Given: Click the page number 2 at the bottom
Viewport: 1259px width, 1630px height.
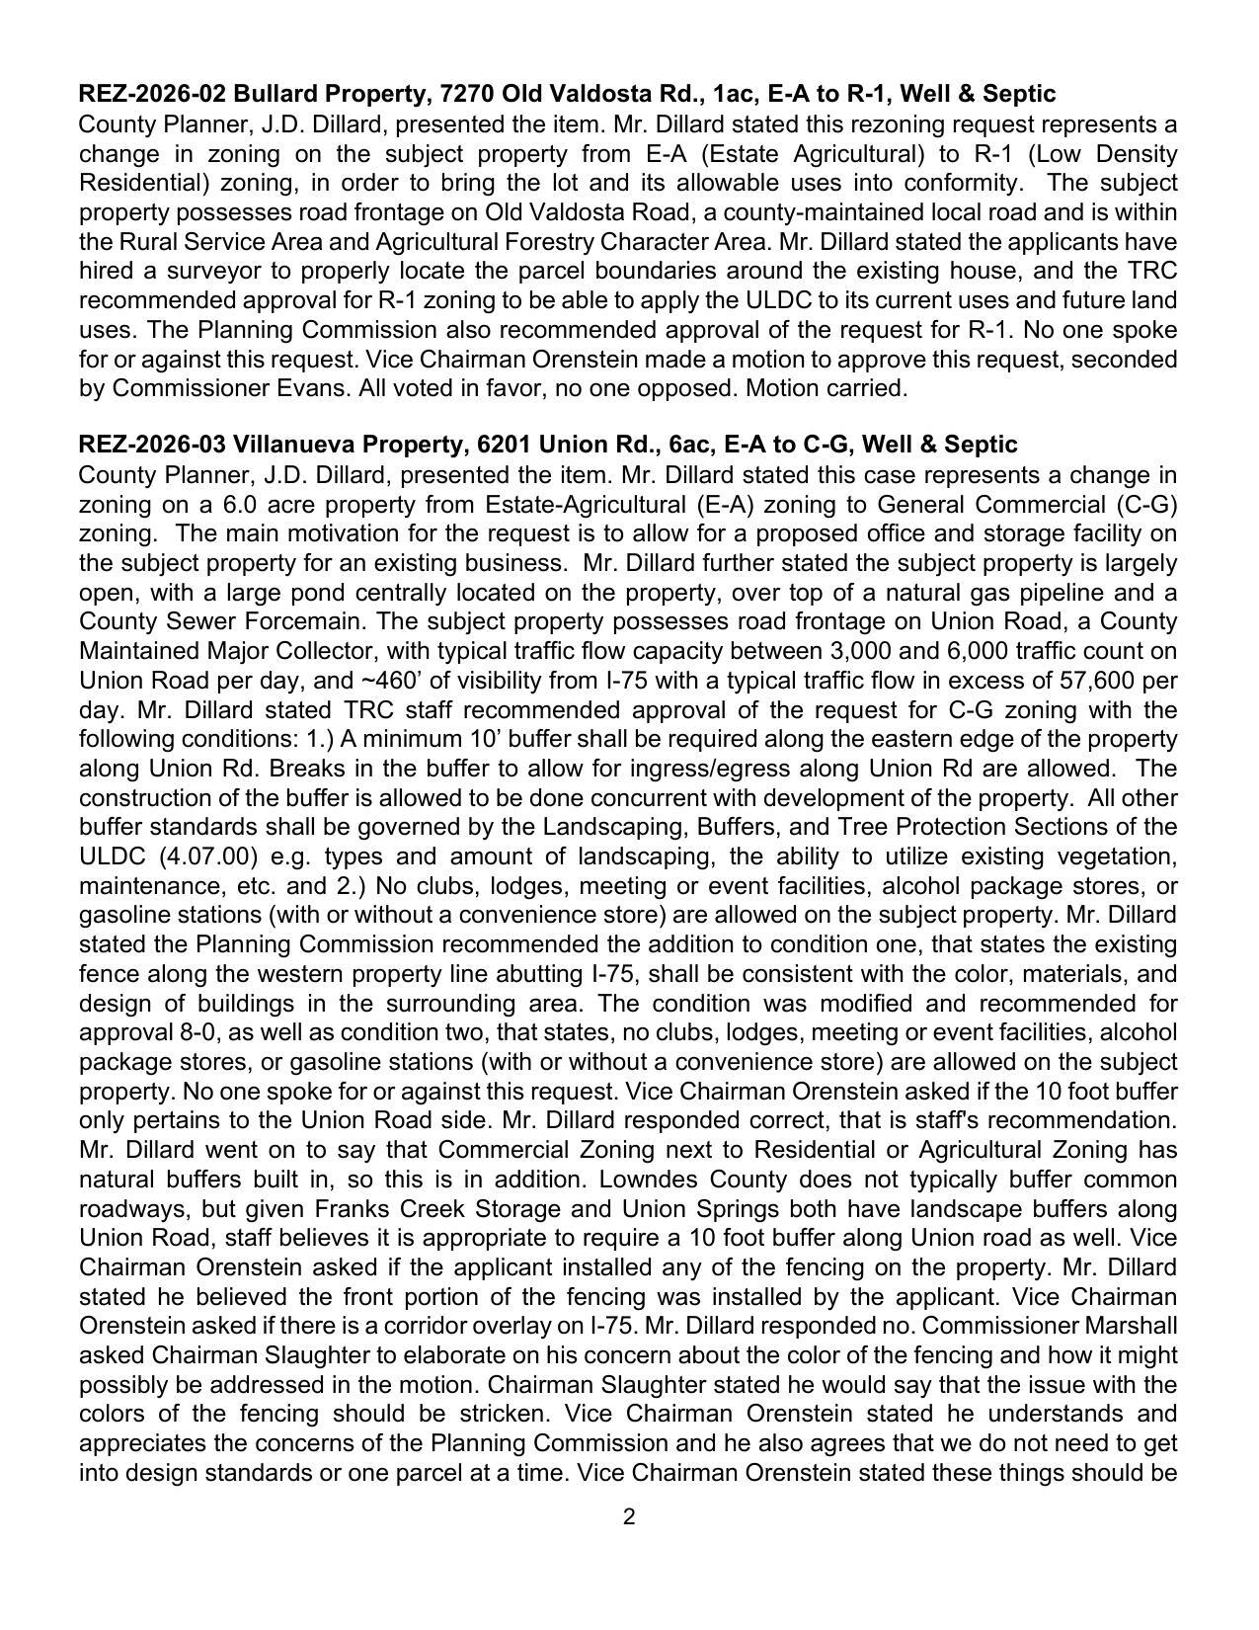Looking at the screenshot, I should point(629,1517).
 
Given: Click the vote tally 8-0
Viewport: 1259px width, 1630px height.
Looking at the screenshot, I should point(195,1032).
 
